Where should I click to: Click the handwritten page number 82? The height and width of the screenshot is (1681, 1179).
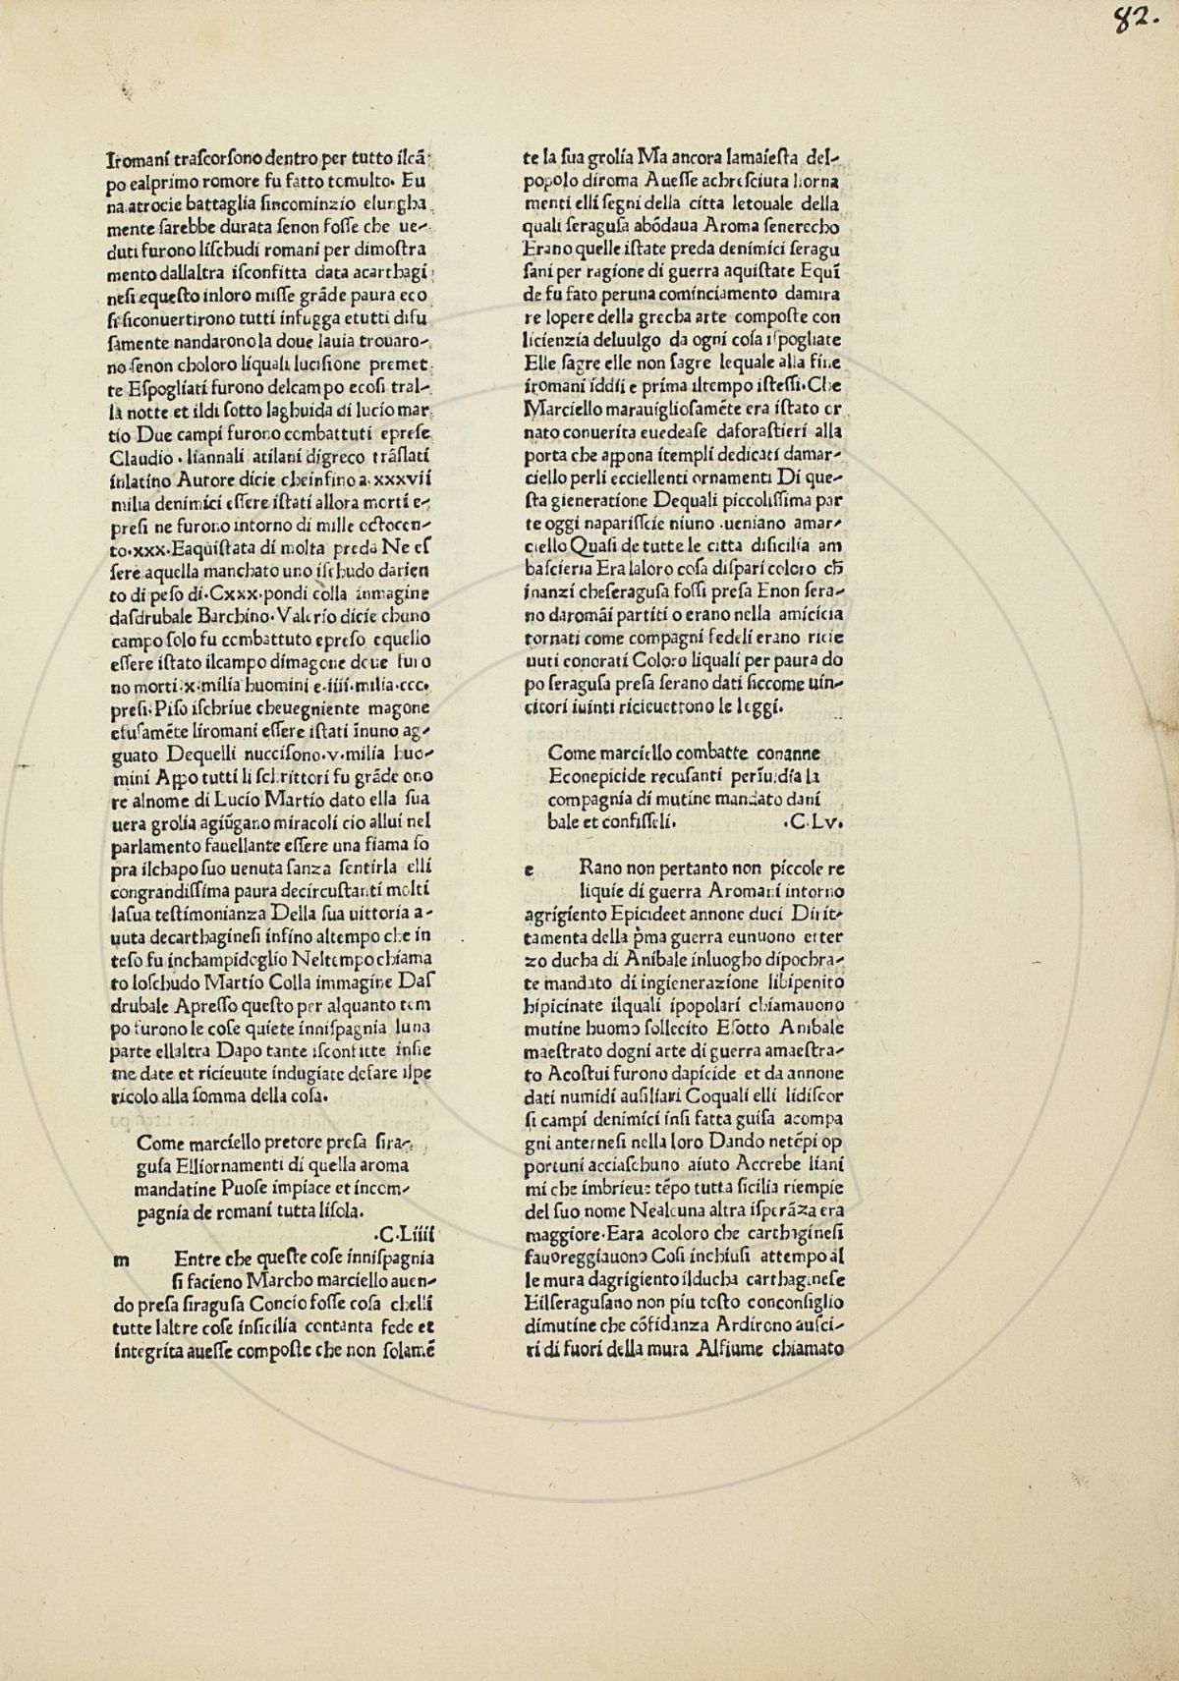coord(1130,21)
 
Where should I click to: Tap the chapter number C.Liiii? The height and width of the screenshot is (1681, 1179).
coord(403,1233)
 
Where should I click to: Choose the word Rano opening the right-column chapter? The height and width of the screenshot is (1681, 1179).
coord(601,869)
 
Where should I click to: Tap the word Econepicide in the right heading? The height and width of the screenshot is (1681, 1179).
coord(592,776)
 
